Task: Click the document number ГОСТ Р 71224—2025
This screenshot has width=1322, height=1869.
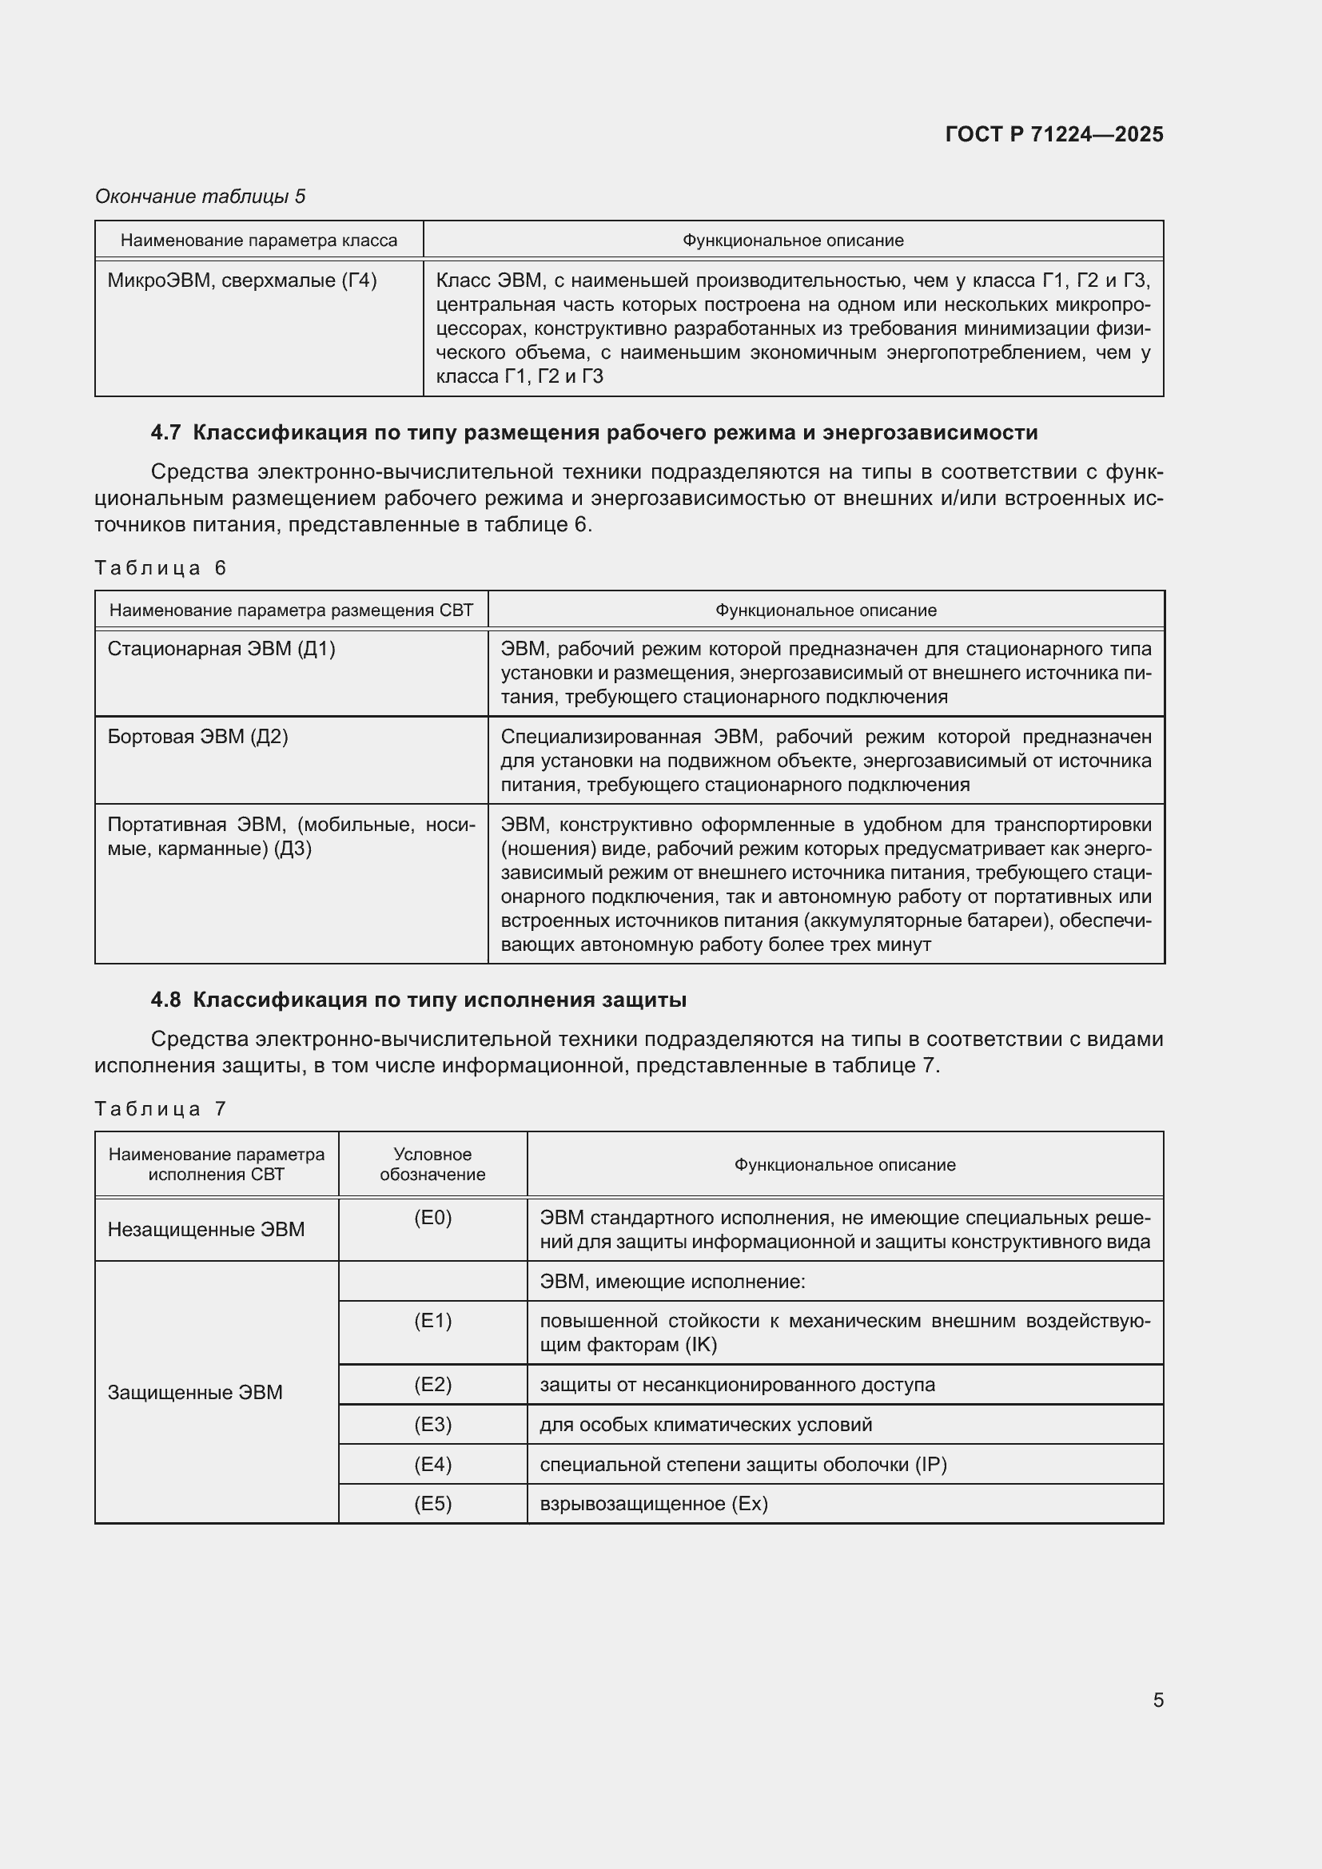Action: pos(1053,134)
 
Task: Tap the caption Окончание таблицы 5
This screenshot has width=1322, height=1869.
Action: pos(200,197)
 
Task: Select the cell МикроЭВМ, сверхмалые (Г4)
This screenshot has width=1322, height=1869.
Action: pos(241,280)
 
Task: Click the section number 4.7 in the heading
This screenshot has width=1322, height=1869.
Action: pos(165,432)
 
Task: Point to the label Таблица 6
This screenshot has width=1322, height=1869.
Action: pos(160,567)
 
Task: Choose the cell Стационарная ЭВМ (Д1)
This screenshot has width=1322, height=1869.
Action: pos(221,649)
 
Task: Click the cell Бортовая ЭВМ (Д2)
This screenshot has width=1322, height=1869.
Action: pos(197,737)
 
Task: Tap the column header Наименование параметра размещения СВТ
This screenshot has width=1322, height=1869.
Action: pos(291,610)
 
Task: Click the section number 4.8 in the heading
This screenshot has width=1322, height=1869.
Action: pos(165,1000)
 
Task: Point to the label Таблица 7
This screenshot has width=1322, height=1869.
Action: pos(160,1109)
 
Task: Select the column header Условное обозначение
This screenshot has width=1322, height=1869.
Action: pos(432,1164)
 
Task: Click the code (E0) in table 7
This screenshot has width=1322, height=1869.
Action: pos(432,1218)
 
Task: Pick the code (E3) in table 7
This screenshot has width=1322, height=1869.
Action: pos(432,1425)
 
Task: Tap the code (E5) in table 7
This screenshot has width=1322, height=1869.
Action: pos(432,1504)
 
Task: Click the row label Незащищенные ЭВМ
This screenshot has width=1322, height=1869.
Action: pos(206,1229)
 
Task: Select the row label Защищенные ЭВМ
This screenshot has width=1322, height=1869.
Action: pos(194,1392)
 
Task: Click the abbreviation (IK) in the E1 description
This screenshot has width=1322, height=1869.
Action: pos(701,1345)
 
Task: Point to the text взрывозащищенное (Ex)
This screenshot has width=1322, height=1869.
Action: pos(654,1504)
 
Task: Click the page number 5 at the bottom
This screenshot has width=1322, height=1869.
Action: pos(1157,1700)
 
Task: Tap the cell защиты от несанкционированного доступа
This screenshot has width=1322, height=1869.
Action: pos(737,1385)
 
